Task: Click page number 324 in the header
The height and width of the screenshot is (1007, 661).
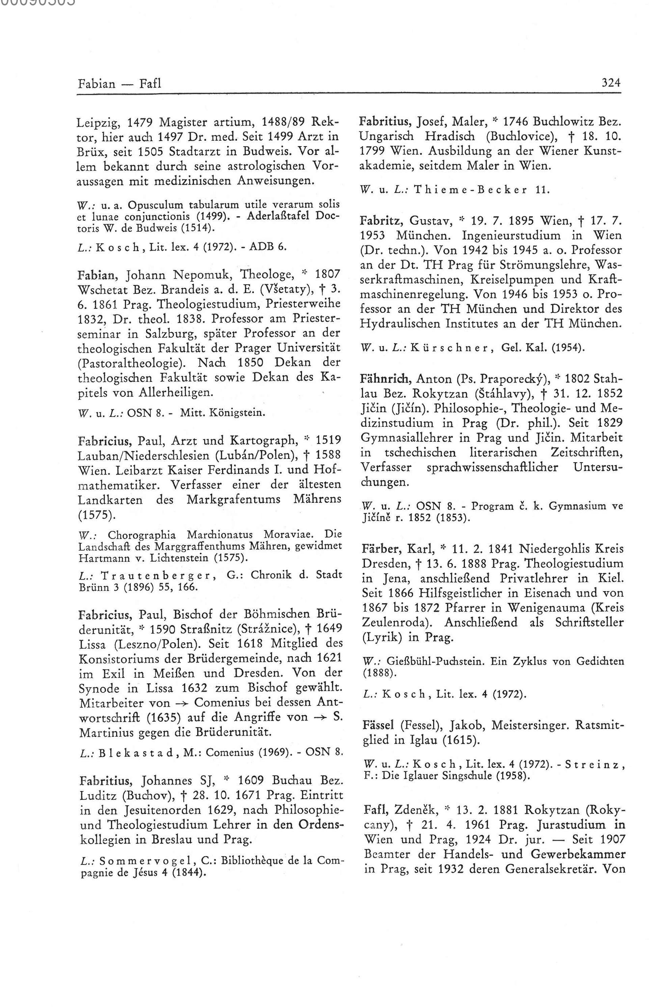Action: tap(611, 83)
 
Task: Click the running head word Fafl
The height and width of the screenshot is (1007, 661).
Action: tap(150, 83)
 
